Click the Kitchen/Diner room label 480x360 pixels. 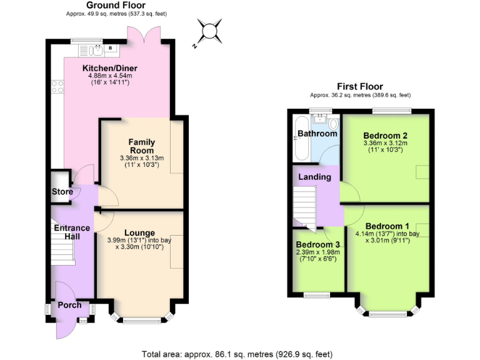[x=110, y=68]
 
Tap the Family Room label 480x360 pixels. [x=141, y=146]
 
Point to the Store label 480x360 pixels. [x=62, y=192]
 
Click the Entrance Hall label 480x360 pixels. [x=72, y=232]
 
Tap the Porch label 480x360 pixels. [x=70, y=306]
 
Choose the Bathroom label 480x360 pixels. [x=317, y=134]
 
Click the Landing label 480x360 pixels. [x=314, y=177]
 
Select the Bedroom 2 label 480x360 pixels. [x=386, y=136]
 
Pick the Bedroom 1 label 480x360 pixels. [x=387, y=226]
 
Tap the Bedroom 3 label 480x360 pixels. [x=318, y=244]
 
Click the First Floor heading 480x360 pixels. [x=360, y=86]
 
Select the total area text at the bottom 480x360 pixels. [x=241, y=353]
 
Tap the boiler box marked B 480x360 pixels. [x=111, y=47]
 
